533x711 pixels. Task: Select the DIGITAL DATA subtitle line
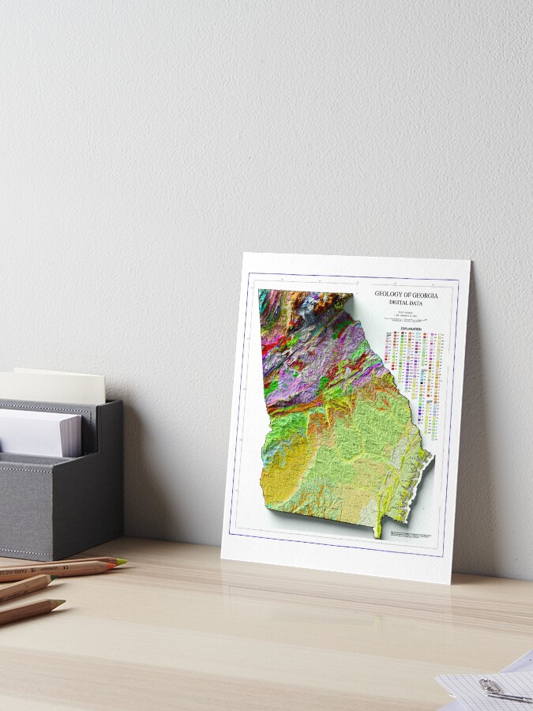click(407, 303)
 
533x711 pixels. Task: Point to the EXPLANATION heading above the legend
click(410, 328)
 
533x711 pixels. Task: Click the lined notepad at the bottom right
click(482, 687)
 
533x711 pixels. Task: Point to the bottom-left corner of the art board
click(223, 557)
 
